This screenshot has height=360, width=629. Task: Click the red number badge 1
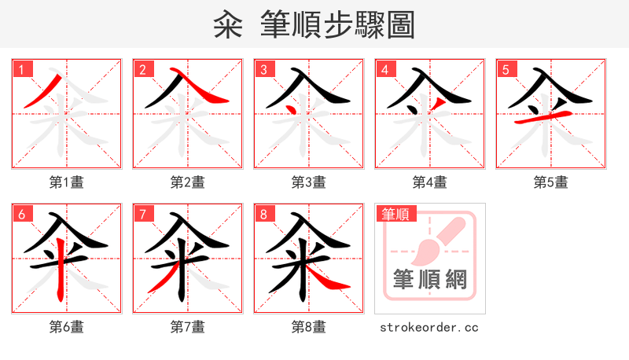pyautogui.click(x=21, y=69)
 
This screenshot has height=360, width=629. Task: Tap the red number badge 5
pyautogui.click(x=506, y=69)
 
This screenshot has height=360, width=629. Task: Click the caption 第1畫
pyautogui.click(x=67, y=182)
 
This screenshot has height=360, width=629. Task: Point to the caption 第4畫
pyautogui.click(x=430, y=182)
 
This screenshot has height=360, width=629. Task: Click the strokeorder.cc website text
pyautogui.click(x=429, y=327)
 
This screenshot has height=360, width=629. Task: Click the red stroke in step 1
pyautogui.click(x=43, y=92)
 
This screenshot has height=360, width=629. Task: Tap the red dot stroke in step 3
pyautogui.click(x=292, y=107)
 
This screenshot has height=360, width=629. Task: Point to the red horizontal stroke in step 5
pyautogui.click(x=541, y=118)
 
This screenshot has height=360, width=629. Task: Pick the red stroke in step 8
pyautogui.click(x=323, y=276)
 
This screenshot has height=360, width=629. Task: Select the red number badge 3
pyautogui.click(x=263, y=69)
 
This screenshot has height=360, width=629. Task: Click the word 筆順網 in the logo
pyautogui.click(x=429, y=278)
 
